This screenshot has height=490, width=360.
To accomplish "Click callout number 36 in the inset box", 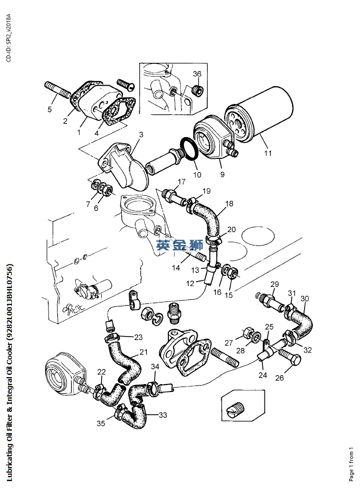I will [x=197, y=74].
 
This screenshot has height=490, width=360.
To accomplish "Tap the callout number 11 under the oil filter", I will [x=267, y=153].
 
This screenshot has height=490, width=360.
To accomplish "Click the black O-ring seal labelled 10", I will [x=188, y=150].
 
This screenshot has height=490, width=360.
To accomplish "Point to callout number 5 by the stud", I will [x=50, y=109].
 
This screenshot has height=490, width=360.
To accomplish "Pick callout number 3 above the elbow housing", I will [x=141, y=134].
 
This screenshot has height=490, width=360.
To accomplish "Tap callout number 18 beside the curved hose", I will [x=229, y=203].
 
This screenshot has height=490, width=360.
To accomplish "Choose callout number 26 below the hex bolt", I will [x=280, y=378].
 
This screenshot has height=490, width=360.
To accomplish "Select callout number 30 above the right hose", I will [x=305, y=298].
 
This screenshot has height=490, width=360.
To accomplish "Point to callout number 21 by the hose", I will [x=144, y=352].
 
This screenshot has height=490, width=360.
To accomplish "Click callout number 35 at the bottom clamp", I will [x=101, y=424].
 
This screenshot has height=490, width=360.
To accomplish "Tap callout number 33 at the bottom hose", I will [x=163, y=415].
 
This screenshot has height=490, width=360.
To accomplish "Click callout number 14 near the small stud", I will [x=176, y=268].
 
